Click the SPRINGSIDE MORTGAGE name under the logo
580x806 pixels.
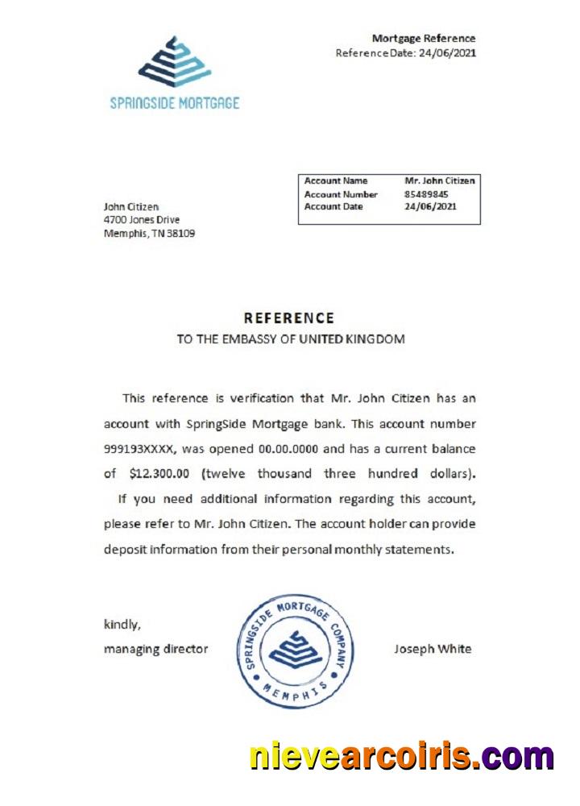[175, 103]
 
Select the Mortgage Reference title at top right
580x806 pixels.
[423, 38]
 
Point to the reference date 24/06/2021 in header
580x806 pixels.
[447, 52]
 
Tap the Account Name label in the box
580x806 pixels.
[335, 181]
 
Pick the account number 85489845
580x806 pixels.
[426, 194]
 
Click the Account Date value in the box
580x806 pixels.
[430, 206]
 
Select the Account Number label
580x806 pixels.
[341, 194]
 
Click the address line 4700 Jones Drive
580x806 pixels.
[142, 220]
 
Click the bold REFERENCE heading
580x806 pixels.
[288, 318]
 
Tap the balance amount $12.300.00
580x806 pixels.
[160, 473]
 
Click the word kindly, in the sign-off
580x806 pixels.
[121, 624]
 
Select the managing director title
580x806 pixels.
[155, 649]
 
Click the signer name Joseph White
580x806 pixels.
[433, 649]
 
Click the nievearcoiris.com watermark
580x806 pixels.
[401, 757]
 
